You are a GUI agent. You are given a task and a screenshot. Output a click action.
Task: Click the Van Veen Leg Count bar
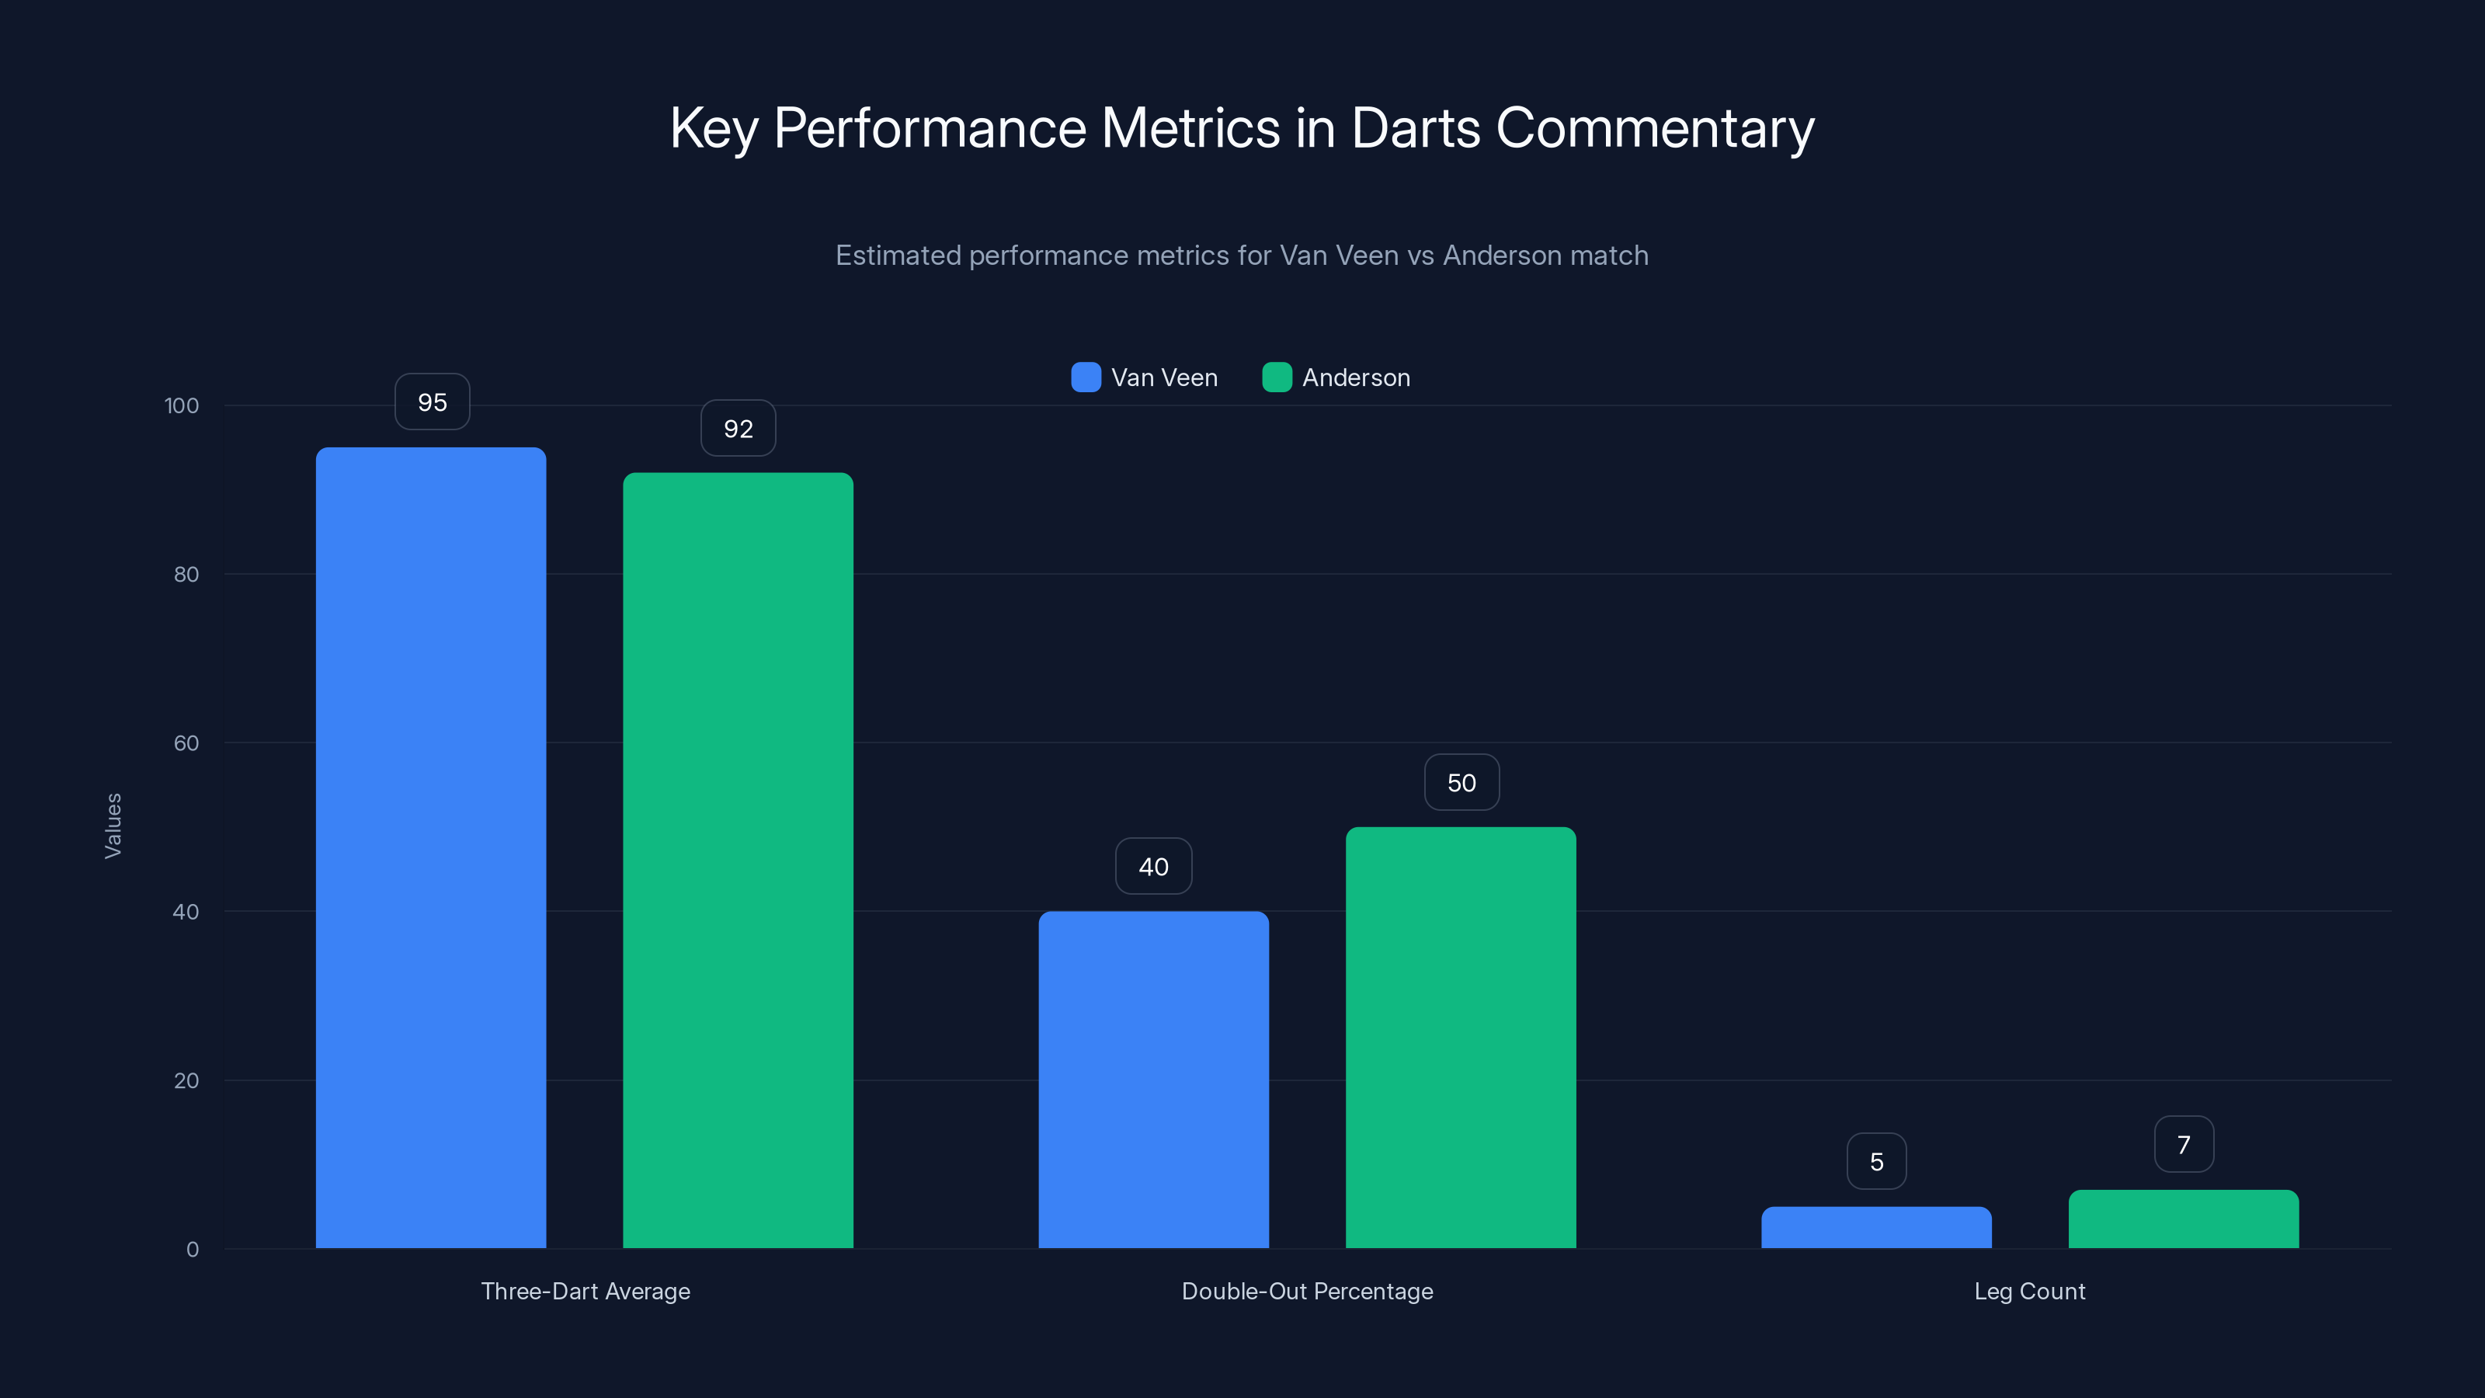(1875, 1227)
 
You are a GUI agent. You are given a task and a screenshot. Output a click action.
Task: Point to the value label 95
(433, 402)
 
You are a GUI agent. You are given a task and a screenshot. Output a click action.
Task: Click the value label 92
(738, 429)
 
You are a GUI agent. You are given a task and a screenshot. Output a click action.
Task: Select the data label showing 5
(1876, 1162)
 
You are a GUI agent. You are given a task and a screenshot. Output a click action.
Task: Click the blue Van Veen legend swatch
(1086, 377)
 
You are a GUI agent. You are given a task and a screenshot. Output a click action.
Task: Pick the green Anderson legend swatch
(1276, 377)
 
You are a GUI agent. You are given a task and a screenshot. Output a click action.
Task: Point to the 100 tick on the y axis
(182, 405)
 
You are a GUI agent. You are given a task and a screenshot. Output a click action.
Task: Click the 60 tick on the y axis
(186, 743)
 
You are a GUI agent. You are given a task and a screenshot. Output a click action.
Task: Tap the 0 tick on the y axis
(192, 1250)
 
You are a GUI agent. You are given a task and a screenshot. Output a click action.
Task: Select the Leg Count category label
(2030, 1291)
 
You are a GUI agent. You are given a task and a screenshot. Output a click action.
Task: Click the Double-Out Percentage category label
(1307, 1291)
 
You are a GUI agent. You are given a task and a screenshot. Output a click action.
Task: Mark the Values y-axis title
(113, 826)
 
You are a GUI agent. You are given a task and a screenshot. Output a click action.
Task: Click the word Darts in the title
(1415, 128)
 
